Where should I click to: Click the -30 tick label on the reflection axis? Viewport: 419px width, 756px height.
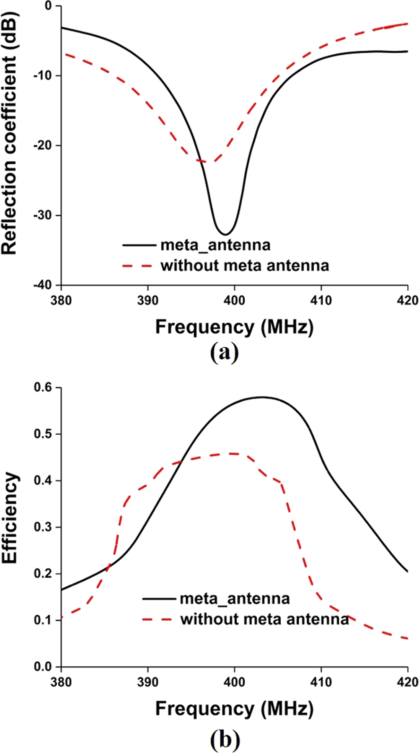(x=44, y=215)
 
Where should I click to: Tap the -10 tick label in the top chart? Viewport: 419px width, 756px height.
(x=44, y=76)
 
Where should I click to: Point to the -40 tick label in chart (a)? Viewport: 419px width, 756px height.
(x=44, y=285)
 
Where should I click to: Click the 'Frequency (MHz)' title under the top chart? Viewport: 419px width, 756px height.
(x=234, y=327)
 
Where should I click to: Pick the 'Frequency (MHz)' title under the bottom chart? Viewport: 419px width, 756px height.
(x=234, y=709)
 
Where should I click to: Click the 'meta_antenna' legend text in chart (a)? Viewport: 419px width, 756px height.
(x=215, y=245)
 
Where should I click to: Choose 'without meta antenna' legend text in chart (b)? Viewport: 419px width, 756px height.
(x=264, y=619)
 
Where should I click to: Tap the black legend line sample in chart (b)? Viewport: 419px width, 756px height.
(x=158, y=599)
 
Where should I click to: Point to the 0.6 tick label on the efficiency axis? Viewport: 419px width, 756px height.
(x=44, y=388)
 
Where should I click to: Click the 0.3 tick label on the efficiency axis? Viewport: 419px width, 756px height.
(x=44, y=527)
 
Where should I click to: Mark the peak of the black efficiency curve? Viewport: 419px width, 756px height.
(x=263, y=397)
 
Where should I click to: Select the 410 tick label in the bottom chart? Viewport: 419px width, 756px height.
(x=321, y=682)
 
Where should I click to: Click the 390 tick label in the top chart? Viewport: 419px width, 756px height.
(x=147, y=300)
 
